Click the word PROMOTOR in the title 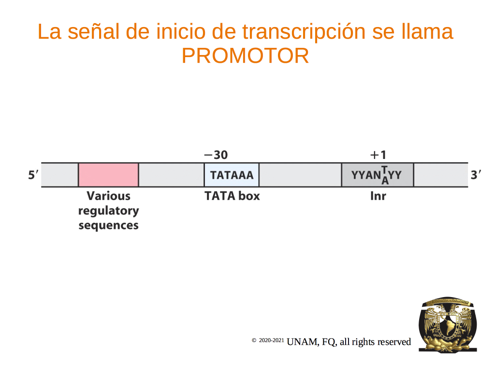[245, 56]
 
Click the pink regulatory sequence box [108, 175]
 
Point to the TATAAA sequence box [232, 175]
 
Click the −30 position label [216, 155]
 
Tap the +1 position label [378, 155]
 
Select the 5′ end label [33, 174]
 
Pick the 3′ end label [476, 174]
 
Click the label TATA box [232, 196]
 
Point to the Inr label [378, 196]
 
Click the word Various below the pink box [109, 196]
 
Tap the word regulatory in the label [109, 211]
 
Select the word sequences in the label [109, 225]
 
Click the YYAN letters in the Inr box [366, 175]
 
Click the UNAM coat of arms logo [448, 324]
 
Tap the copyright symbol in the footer [254, 340]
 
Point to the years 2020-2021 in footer [272, 340]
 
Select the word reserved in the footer [394, 342]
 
